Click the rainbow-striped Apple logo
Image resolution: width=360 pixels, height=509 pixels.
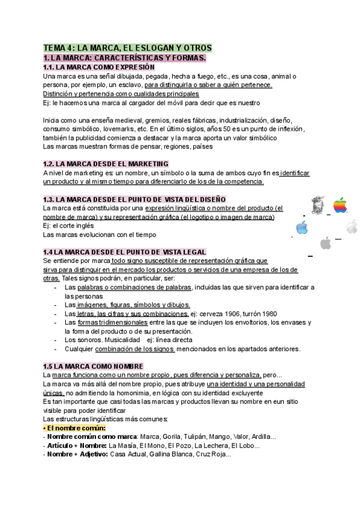tap(340, 205)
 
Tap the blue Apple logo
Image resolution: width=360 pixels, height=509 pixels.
tap(302, 227)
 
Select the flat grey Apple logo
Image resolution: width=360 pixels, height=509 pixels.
tap(326, 242)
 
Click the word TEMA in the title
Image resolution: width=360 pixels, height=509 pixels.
tap(54, 48)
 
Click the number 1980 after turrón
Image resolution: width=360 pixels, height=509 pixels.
tap(269, 313)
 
